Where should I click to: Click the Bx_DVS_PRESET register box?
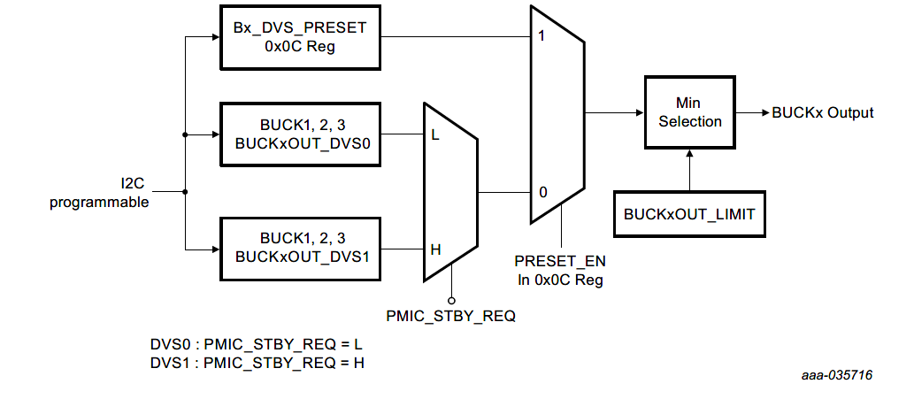(300, 37)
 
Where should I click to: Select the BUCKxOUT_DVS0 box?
(300, 135)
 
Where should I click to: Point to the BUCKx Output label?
(823, 113)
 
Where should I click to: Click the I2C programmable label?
(98, 193)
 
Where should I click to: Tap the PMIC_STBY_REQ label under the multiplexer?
(450, 314)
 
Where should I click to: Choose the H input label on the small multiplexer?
(435, 249)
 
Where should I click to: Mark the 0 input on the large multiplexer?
(541, 192)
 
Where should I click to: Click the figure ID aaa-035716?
(836, 375)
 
